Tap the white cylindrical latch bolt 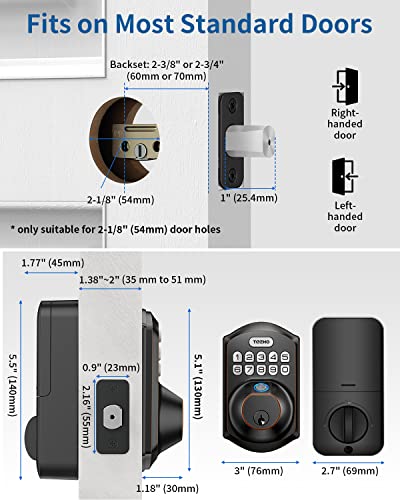coord(240,139)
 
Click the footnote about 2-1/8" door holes coord(123,229)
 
